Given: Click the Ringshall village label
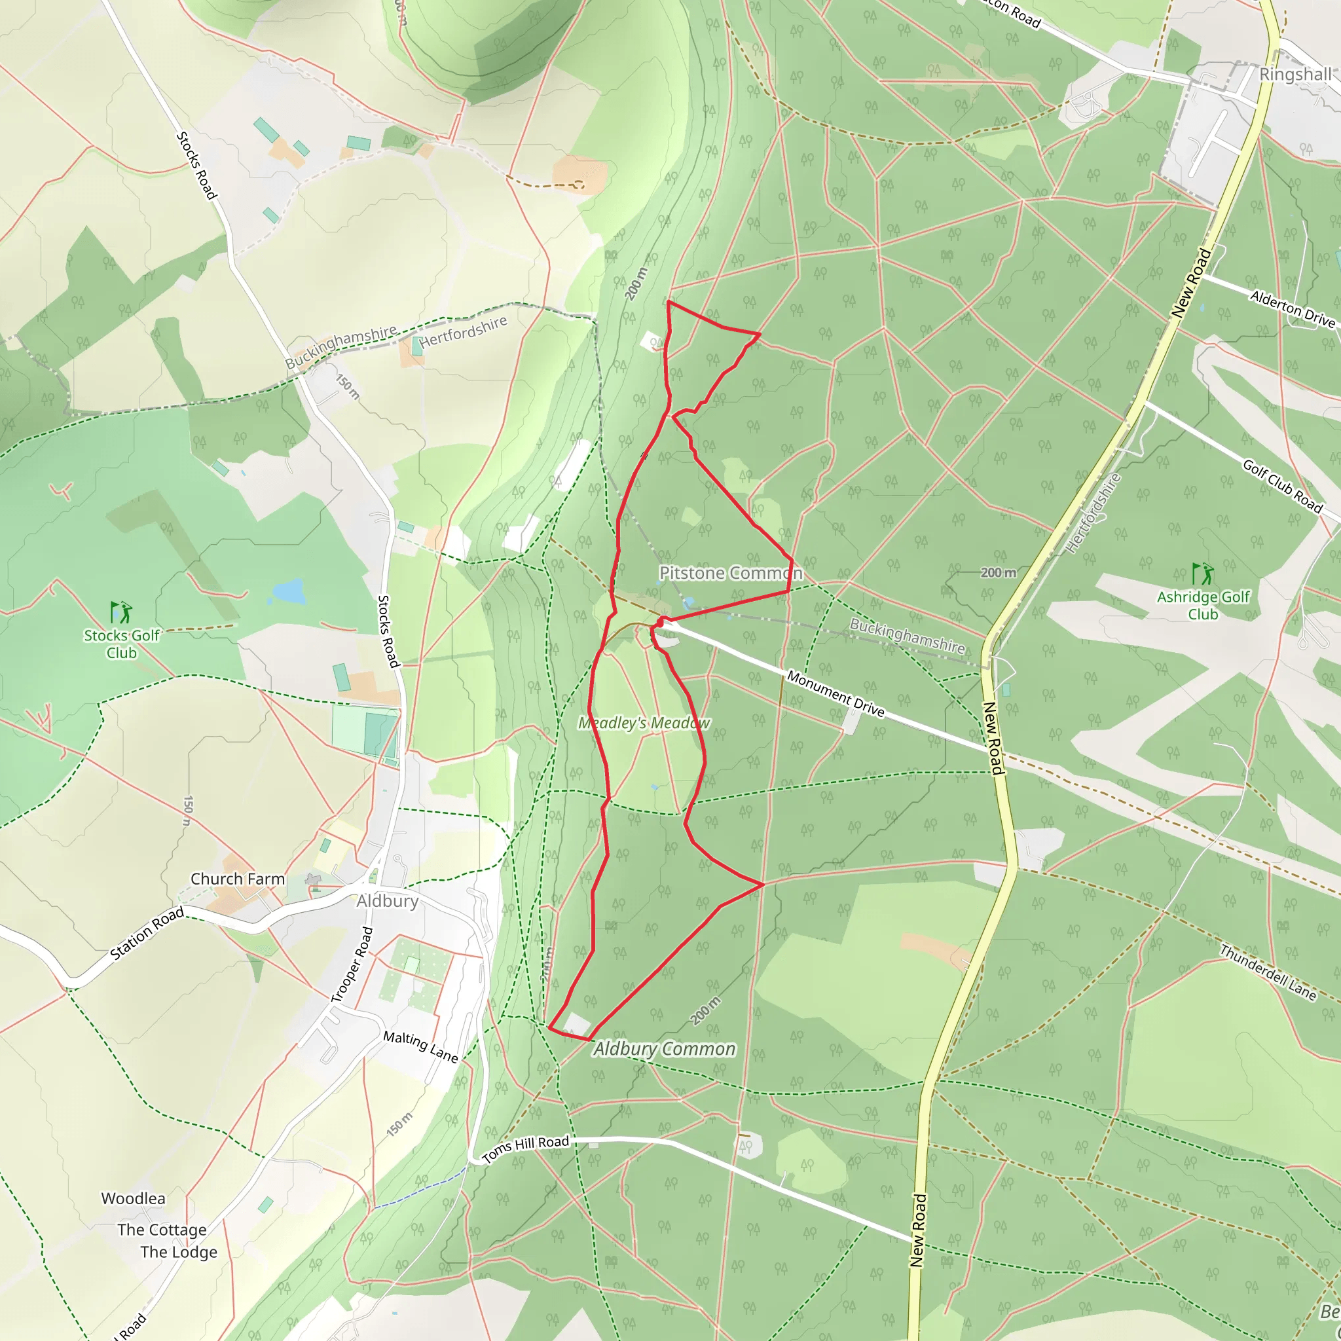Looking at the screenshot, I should tap(1295, 74).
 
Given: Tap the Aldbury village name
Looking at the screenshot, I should tap(388, 901).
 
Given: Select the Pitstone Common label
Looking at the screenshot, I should tap(730, 573).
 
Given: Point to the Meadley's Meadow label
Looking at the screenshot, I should tap(644, 723).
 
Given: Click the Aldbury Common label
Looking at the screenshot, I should tap(664, 1049).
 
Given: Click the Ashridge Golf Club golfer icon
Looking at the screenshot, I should tap(1203, 574).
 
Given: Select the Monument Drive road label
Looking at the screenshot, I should tap(836, 694).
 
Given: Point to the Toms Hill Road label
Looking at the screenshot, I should tap(525, 1148).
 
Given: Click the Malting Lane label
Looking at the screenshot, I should tap(420, 1047).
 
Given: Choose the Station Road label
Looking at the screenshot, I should tap(147, 933).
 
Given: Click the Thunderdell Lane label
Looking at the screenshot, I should tap(1268, 972).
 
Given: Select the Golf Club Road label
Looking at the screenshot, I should tap(1283, 486).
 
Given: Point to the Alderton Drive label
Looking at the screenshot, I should tap(1293, 309).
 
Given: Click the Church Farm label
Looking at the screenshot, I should tap(238, 879).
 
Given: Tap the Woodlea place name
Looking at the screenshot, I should tap(134, 1199).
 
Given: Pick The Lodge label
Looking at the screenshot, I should tap(178, 1252).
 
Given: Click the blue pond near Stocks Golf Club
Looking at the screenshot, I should tap(289, 591).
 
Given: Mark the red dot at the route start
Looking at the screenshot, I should tap(660, 623).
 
